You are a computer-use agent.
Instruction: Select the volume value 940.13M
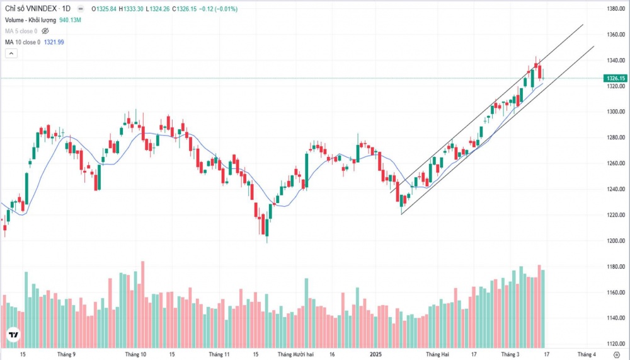pyautogui.click(x=72, y=20)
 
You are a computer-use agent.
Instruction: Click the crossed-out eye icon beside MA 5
pyautogui.click(x=45, y=31)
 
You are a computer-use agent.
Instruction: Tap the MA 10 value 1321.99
pyautogui.click(x=54, y=42)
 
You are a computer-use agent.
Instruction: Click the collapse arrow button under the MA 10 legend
pyautogui.click(x=11, y=54)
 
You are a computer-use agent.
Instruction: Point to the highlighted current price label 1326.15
pyautogui.click(x=614, y=78)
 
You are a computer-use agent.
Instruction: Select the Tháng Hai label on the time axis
pyautogui.click(x=437, y=354)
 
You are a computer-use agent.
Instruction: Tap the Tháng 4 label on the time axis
pyautogui.click(x=587, y=354)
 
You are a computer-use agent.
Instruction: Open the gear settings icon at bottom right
pyautogui.click(x=616, y=355)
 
